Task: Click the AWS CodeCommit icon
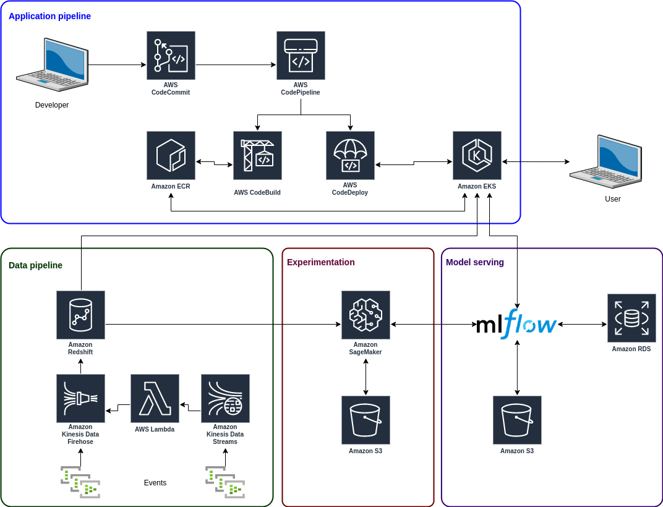tap(171, 56)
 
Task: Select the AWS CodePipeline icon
tap(301, 56)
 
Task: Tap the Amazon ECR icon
tap(171, 155)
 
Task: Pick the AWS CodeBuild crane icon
tap(257, 155)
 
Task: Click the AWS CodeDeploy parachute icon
tap(350, 155)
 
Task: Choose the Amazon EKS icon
tap(477, 155)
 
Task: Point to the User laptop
tap(605, 161)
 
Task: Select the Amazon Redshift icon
tap(80, 315)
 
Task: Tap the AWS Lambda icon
tap(155, 398)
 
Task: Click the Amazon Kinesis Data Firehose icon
tap(80, 398)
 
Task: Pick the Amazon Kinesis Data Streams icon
tap(225, 398)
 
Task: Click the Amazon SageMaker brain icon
tap(366, 315)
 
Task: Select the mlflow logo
tap(516, 324)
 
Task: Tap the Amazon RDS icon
tap(631, 318)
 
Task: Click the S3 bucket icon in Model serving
tap(517, 420)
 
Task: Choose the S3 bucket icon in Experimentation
tap(366, 420)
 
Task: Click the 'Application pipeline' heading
tap(49, 16)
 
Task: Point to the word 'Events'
tap(155, 483)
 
